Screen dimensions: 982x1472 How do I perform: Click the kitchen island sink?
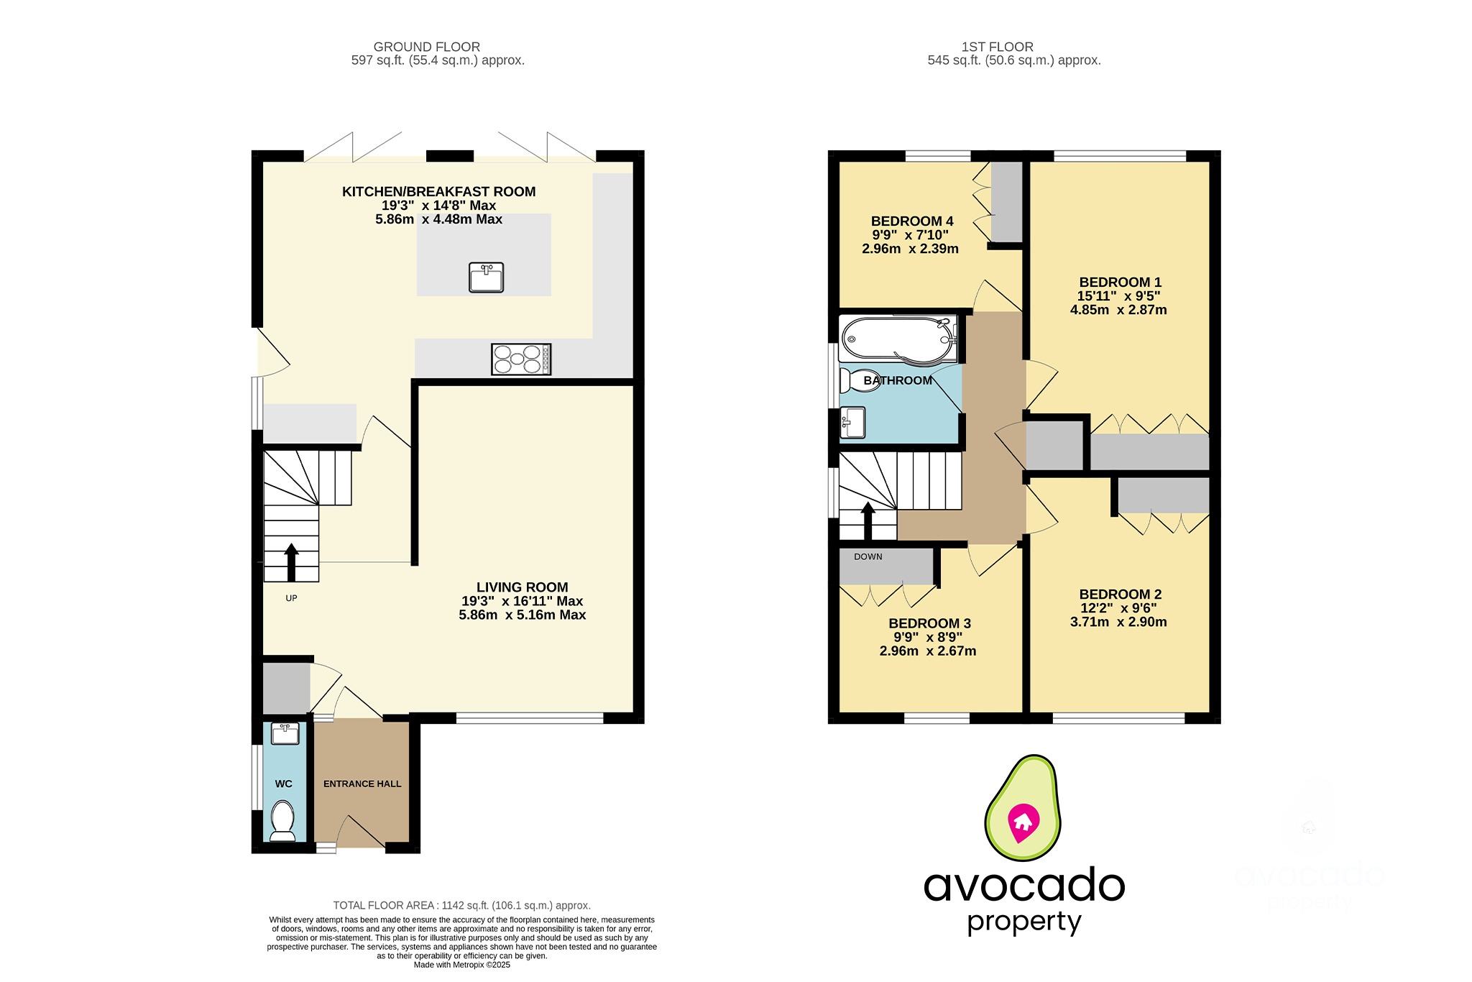(x=487, y=277)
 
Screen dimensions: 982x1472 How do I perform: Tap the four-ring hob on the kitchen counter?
(x=521, y=359)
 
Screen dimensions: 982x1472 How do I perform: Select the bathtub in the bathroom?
(x=898, y=339)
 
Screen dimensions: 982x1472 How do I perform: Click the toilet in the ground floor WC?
(x=282, y=821)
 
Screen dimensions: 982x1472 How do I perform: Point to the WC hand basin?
(x=285, y=734)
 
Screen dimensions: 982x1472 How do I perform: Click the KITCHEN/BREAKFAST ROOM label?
(x=438, y=192)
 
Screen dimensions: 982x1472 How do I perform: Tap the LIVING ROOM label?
(x=522, y=587)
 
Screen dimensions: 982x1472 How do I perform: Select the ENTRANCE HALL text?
(x=362, y=784)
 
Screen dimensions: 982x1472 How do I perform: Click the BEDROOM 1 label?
(x=1120, y=283)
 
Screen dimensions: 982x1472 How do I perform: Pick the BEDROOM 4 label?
(x=911, y=221)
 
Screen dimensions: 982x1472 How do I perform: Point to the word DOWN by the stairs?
(x=868, y=556)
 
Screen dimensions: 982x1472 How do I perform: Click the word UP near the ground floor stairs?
(x=291, y=598)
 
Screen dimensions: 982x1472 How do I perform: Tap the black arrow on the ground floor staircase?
(x=291, y=561)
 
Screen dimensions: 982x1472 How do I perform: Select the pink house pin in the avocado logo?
(x=1022, y=822)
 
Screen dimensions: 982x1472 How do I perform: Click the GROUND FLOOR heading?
(x=426, y=47)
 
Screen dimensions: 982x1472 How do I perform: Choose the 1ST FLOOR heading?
(x=997, y=47)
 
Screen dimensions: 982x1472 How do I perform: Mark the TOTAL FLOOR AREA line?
(x=461, y=905)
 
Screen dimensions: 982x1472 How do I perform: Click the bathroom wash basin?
(x=853, y=422)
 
